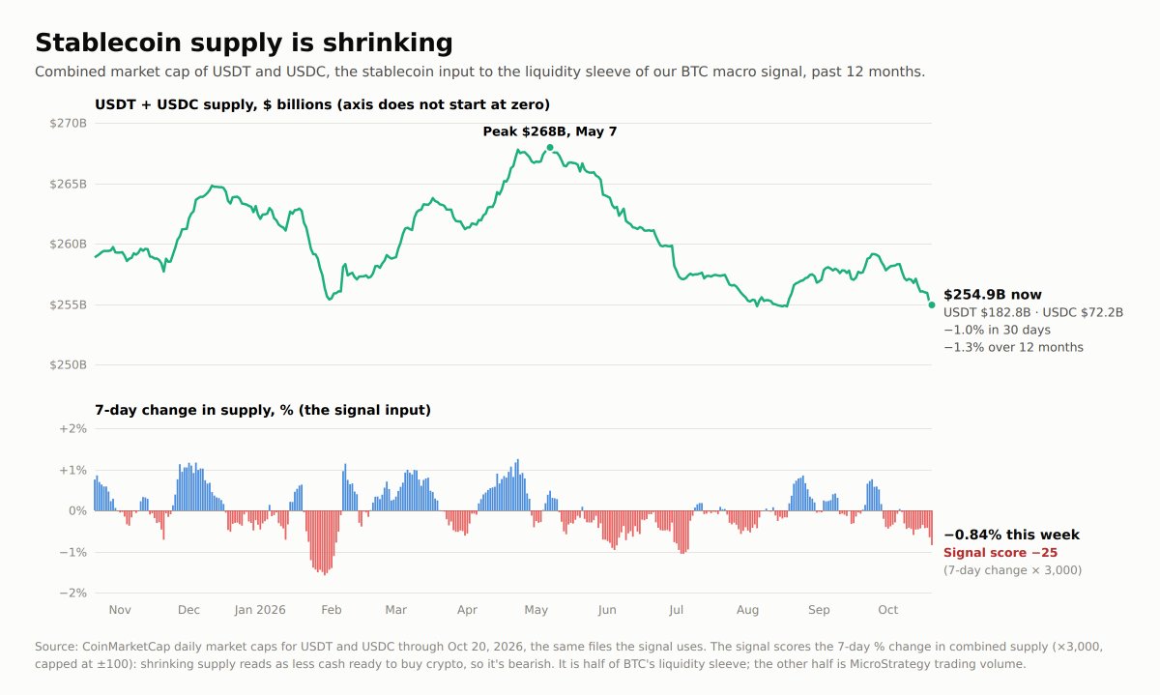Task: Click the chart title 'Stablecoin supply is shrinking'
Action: pyautogui.click(x=244, y=43)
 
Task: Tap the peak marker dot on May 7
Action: pyautogui.click(x=550, y=148)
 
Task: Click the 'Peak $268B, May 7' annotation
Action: pyautogui.click(x=550, y=131)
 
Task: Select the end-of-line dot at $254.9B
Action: pyautogui.click(x=932, y=305)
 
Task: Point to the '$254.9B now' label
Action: pyautogui.click(x=992, y=295)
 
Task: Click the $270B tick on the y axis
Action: pyautogui.click(x=68, y=124)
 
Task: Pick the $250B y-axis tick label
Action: pyautogui.click(x=68, y=365)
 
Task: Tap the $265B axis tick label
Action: pyautogui.click(x=68, y=184)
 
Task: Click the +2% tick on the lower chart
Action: pyautogui.click(x=72, y=429)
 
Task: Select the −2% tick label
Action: pyautogui.click(x=72, y=593)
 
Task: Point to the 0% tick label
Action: pyautogui.click(x=77, y=511)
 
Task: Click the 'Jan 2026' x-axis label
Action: pyautogui.click(x=259, y=610)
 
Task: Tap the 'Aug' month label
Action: pyautogui.click(x=748, y=610)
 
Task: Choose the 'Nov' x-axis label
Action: pyautogui.click(x=120, y=610)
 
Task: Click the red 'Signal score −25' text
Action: pyautogui.click(x=1000, y=553)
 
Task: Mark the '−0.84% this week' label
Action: pyautogui.click(x=1011, y=535)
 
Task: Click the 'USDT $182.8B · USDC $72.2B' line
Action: pyautogui.click(x=1033, y=313)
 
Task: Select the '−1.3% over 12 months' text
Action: pyautogui.click(x=1013, y=347)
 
